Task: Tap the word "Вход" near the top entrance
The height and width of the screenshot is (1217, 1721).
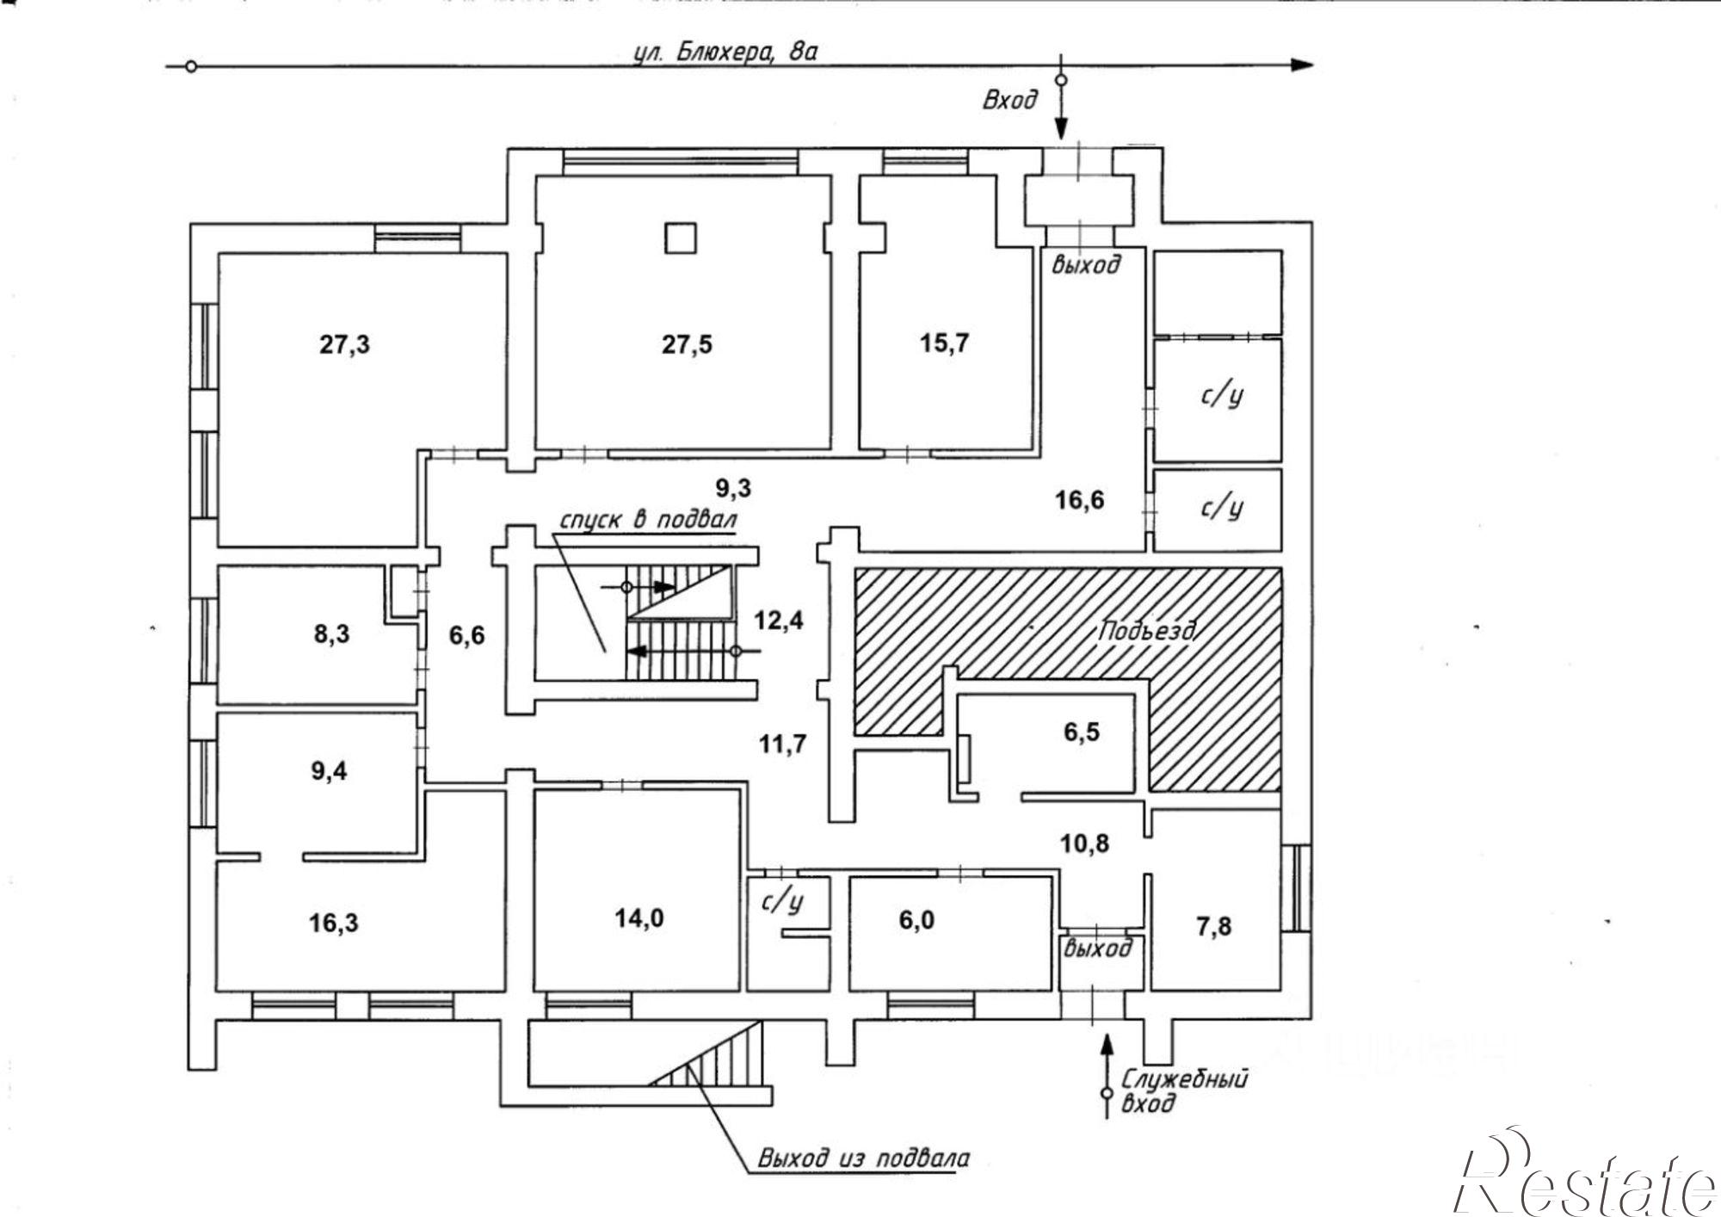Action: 1010,100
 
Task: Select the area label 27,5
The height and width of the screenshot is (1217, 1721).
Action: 687,345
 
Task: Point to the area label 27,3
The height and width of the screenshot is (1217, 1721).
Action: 345,345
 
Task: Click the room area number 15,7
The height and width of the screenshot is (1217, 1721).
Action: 945,343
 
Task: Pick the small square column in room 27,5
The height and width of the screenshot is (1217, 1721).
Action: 680,238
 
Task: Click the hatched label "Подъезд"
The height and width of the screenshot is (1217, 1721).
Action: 1146,631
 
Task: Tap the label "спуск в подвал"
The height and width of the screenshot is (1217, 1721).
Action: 648,521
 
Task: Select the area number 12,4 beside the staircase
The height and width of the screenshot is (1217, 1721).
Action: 779,620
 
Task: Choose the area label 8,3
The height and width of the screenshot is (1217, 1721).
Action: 332,635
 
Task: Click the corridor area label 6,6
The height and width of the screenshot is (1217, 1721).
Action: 466,636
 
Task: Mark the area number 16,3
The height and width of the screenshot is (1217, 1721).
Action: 334,924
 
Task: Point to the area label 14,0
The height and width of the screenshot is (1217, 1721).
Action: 639,918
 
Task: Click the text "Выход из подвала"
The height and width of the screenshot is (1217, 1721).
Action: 863,1158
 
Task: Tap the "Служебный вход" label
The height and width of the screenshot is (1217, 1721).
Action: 1183,1090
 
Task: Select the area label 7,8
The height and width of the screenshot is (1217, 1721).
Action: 1213,926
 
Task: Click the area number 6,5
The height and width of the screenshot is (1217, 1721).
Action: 1082,732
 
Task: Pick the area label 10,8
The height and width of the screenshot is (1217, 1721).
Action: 1084,843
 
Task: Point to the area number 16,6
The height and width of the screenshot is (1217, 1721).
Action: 1080,499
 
